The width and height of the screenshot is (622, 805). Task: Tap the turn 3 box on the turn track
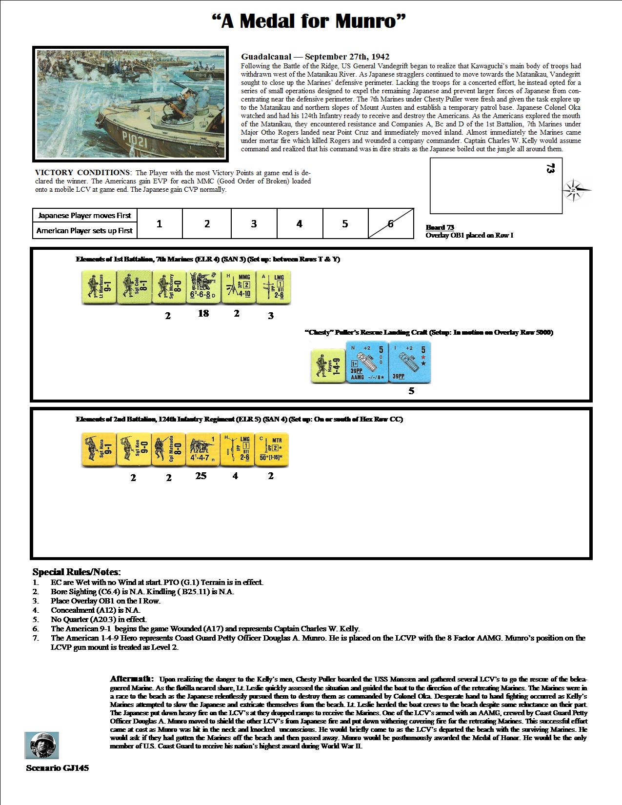point(254,224)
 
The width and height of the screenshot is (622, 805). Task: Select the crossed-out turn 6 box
point(391,224)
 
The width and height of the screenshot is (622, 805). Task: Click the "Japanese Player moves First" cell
point(85,216)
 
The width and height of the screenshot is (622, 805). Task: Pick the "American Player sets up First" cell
point(85,231)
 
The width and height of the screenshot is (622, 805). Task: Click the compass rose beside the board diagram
point(576,190)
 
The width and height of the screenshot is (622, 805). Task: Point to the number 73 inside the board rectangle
point(550,169)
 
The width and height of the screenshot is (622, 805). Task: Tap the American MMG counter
point(238,288)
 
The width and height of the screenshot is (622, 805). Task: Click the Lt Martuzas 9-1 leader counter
point(98,288)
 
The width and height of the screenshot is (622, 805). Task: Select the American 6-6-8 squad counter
point(203,288)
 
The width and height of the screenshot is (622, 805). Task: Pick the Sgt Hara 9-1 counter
point(98,449)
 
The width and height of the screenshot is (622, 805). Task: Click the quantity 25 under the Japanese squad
point(201,476)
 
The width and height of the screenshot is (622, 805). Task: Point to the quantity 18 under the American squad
point(203,313)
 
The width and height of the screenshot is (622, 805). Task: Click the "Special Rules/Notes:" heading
point(77,572)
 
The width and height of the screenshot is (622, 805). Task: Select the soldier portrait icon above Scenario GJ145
point(41,745)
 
